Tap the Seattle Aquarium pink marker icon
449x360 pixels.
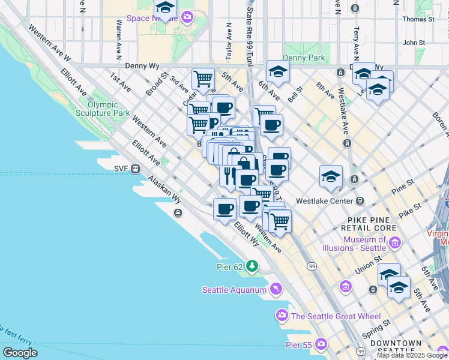pos(276,290)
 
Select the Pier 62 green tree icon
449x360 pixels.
pos(253,265)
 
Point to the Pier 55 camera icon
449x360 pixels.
pos(321,344)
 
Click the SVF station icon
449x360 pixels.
pos(136,169)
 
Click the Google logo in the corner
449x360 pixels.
pos(20,353)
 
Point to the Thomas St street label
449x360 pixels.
pos(418,19)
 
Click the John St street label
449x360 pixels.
pos(414,43)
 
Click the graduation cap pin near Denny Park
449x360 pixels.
pos(278,73)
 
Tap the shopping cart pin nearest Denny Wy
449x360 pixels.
pos(203,79)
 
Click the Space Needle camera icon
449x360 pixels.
pos(187,17)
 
